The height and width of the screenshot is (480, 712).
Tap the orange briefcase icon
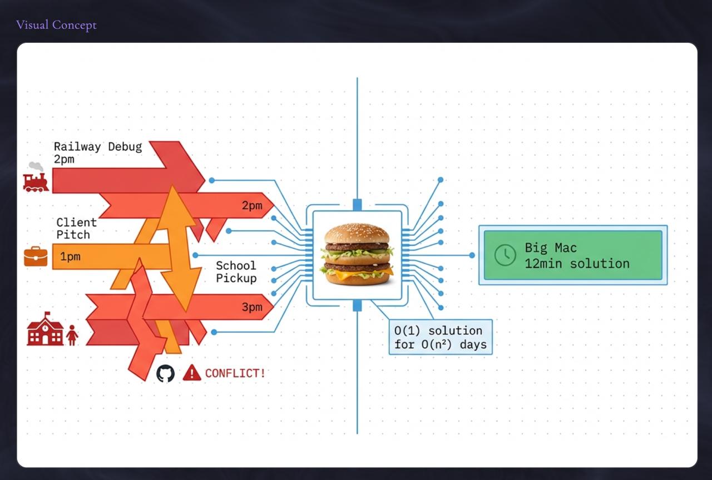(x=36, y=256)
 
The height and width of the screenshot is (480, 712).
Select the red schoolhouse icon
(x=45, y=329)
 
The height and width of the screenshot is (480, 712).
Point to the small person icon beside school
(x=72, y=335)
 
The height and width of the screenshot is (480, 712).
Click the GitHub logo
(x=165, y=373)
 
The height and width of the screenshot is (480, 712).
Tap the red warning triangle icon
(x=192, y=373)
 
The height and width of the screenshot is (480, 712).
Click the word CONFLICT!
(x=235, y=373)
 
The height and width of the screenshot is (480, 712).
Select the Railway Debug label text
(x=97, y=147)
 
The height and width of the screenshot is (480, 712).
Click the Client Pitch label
(x=76, y=228)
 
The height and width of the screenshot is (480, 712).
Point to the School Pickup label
(x=236, y=271)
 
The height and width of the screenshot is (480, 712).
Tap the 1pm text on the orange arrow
(x=70, y=257)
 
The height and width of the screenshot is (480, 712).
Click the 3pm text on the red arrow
(x=251, y=308)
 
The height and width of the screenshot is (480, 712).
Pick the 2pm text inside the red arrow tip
(x=251, y=206)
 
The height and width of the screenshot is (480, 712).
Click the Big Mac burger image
(x=357, y=254)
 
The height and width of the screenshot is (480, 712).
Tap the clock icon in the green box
(x=505, y=255)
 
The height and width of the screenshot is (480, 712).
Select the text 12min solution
(x=577, y=263)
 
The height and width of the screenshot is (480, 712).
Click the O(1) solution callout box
(x=440, y=337)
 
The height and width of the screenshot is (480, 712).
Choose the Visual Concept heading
(x=56, y=25)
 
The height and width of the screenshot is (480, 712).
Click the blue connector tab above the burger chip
(x=357, y=205)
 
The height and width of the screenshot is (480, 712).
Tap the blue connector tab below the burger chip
(x=357, y=305)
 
